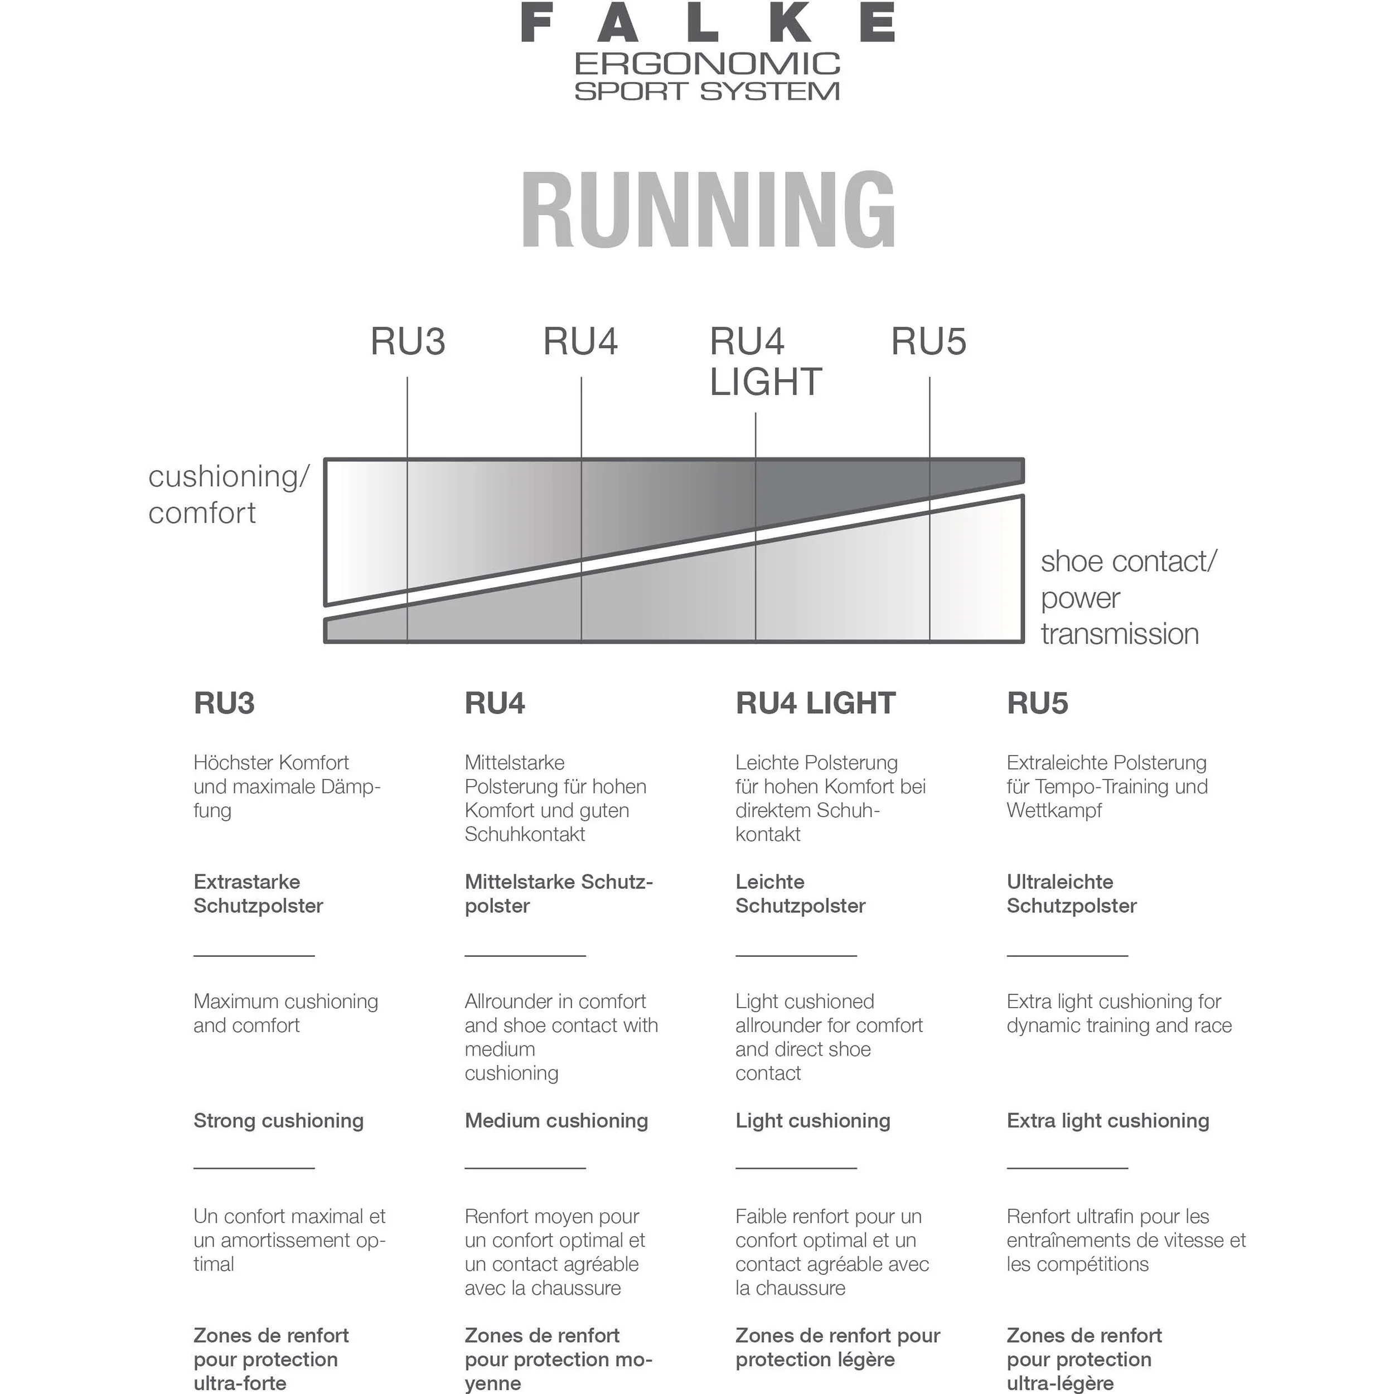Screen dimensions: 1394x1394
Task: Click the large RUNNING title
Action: click(x=708, y=210)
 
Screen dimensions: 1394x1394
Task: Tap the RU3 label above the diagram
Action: click(x=408, y=341)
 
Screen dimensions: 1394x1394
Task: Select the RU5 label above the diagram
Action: click(x=928, y=341)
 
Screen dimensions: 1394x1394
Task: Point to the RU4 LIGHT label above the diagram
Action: click(x=765, y=361)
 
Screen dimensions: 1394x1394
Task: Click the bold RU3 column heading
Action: click(x=224, y=703)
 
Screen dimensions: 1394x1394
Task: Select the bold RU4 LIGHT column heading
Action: click(x=815, y=703)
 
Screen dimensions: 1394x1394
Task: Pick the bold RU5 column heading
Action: click(x=1037, y=703)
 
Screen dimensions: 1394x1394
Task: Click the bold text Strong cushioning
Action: click(x=278, y=1121)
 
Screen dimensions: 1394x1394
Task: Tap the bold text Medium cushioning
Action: click(x=556, y=1121)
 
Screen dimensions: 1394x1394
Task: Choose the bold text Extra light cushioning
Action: click(x=1107, y=1121)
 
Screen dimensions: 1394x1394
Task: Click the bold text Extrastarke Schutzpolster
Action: click(x=258, y=893)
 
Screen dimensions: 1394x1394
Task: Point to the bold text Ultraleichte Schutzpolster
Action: click(x=1072, y=893)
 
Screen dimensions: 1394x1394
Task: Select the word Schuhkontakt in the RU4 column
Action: click(x=525, y=834)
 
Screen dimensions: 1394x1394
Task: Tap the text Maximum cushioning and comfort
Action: click(x=285, y=1013)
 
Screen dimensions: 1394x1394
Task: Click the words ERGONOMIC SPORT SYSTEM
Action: click(x=708, y=76)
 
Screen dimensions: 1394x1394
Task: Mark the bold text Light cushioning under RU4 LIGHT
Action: click(x=812, y=1121)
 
